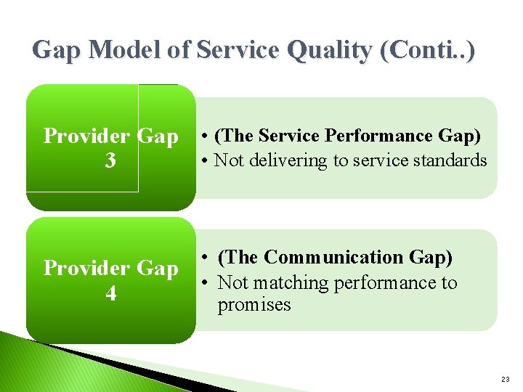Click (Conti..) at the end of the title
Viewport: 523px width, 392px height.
(x=427, y=50)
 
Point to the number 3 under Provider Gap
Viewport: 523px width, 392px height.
(x=110, y=160)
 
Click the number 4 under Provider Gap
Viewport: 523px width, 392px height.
(x=110, y=294)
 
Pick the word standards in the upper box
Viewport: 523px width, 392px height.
(x=451, y=160)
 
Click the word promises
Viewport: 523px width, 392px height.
(x=254, y=305)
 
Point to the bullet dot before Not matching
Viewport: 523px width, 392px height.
(x=206, y=283)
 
